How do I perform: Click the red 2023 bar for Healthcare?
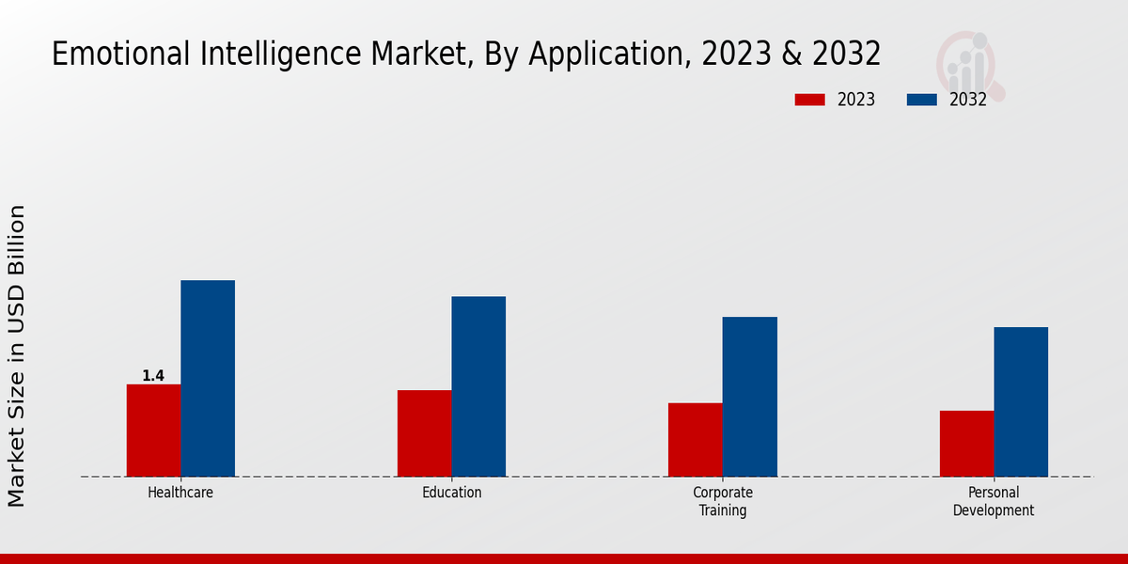pyautogui.click(x=153, y=430)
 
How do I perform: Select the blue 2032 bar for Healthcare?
pyautogui.click(x=208, y=378)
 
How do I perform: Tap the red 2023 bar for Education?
pyautogui.click(x=424, y=432)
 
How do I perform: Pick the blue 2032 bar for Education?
pyautogui.click(x=478, y=386)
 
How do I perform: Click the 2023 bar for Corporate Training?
pyautogui.click(x=696, y=439)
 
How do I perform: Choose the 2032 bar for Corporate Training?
pyautogui.click(x=750, y=397)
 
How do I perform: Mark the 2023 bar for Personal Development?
pyautogui.click(x=966, y=443)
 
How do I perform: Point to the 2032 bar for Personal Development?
pyautogui.click(x=1021, y=401)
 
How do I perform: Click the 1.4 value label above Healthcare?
pyautogui.click(x=153, y=376)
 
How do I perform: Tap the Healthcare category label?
pyautogui.click(x=180, y=493)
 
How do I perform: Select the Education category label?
pyautogui.click(x=451, y=493)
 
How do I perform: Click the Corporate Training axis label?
pyautogui.click(x=723, y=502)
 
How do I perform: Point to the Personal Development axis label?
pyautogui.click(x=994, y=502)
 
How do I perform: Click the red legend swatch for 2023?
pyautogui.click(x=809, y=100)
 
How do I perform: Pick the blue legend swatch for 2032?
pyautogui.click(x=921, y=100)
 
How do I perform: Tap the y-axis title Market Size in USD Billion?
pyautogui.click(x=17, y=355)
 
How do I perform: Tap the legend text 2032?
pyautogui.click(x=968, y=100)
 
